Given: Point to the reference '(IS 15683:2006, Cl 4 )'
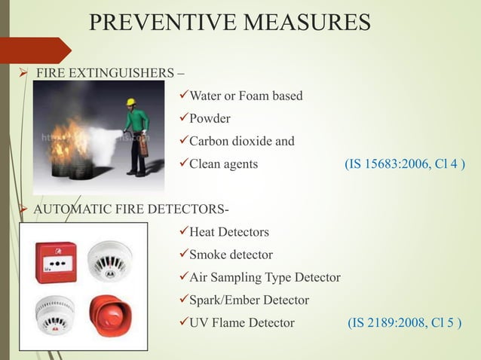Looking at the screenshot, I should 404,164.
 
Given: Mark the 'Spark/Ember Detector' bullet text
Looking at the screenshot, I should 249,301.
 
